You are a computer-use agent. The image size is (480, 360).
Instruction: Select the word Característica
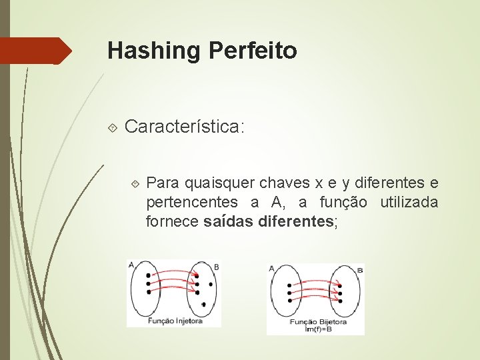coord(185,126)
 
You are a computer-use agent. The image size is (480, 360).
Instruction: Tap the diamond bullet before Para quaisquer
coord(135,182)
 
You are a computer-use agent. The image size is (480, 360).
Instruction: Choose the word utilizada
coord(409,202)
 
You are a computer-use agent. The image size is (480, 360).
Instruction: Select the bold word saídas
coord(227,222)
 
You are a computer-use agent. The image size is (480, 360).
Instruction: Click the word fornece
coord(172,222)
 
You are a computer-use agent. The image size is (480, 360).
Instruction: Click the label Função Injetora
coord(175,321)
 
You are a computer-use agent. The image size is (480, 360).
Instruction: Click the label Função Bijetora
coord(315,321)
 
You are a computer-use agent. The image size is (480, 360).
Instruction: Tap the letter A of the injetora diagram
coord(131,265)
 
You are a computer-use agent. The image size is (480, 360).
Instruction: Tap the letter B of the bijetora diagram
coord(360,269)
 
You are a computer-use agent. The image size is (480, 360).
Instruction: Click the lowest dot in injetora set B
coord(203,304)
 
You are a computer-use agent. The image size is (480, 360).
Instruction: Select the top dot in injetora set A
coord(148,275)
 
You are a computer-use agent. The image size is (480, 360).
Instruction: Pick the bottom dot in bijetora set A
coord(289,300)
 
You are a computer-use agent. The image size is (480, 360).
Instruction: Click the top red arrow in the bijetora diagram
coord(314,283)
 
